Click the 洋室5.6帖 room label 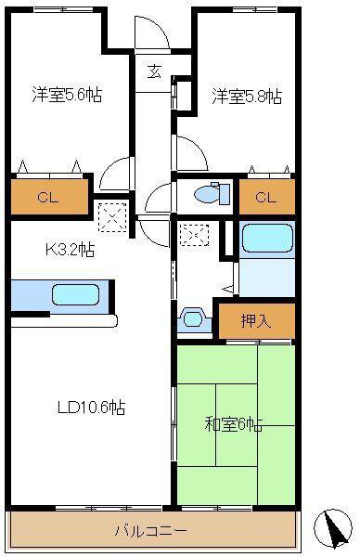[67, 95]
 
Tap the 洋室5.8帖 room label [247, 97]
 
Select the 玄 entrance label [154, 71]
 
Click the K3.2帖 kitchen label [70, 250]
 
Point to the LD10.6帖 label [91, 408]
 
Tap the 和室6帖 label [234, 424]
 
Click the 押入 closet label [256, 321]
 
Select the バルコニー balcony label [150, 531]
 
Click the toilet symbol [212, 193]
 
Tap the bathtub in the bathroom [267, 238]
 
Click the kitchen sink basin [75, 295]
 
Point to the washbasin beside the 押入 [194, 318]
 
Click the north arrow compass [333, 527]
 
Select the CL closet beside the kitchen [49, 197]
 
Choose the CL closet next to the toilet [267, 197]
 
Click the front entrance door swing [152, 32]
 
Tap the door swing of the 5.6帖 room [115, 174]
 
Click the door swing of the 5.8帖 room [191, 153]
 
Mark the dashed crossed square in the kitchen [112, 217]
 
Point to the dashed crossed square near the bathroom [194, 235]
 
